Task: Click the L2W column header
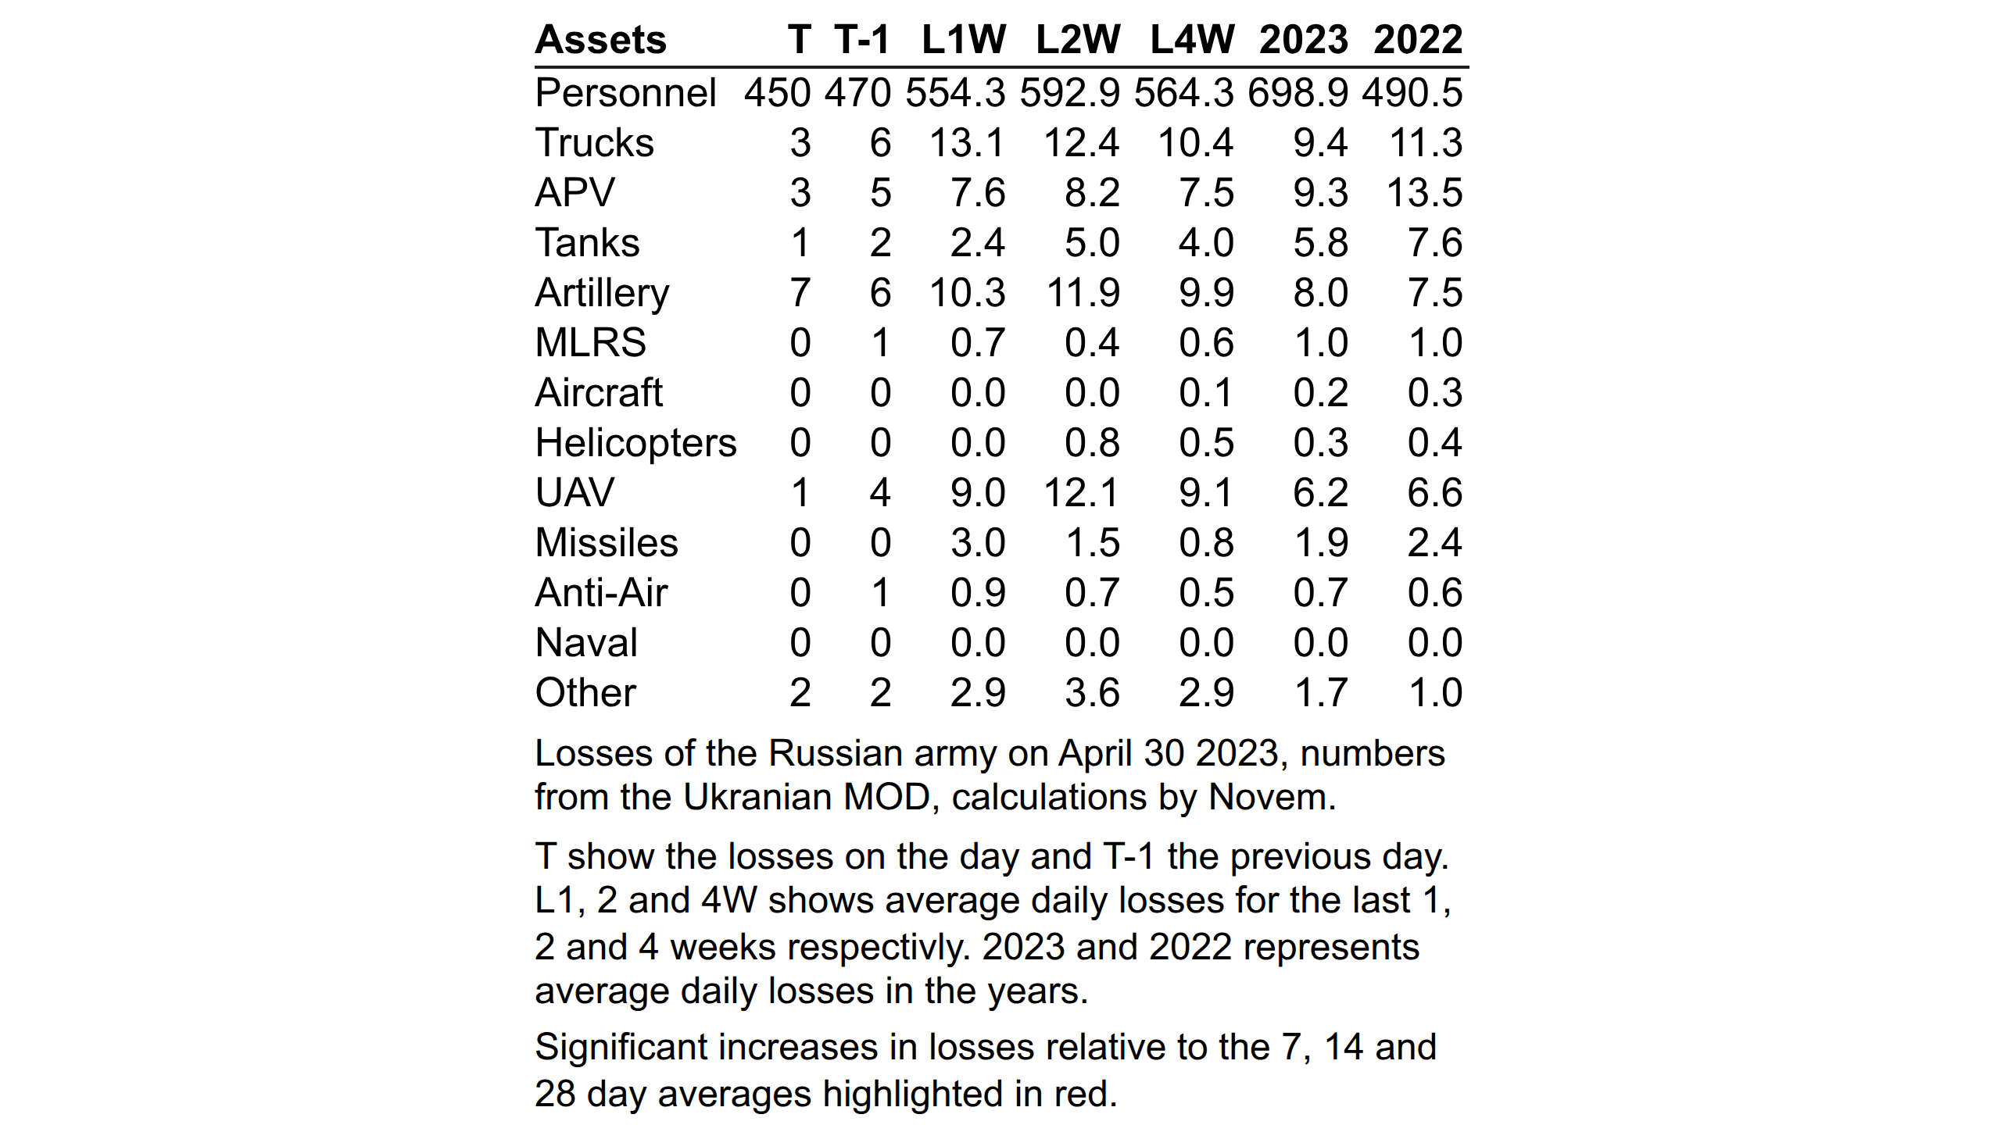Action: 1078,40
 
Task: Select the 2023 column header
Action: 1304,40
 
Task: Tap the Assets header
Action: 600,40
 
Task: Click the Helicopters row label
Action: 635,443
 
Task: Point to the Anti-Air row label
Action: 601,593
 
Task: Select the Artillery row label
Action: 602,294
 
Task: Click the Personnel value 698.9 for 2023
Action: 1298,93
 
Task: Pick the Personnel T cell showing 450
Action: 778,93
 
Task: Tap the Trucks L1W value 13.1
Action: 967,143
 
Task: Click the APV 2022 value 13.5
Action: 1424,193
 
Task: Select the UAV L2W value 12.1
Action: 1082,493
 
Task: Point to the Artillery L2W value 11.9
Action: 1083,293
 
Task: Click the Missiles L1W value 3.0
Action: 978,543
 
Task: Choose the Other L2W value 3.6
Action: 1092,693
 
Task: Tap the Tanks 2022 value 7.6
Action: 1435,243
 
